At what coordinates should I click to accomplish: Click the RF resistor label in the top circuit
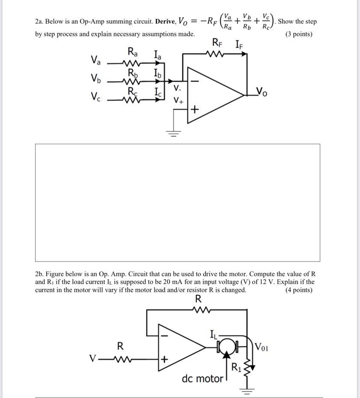217,43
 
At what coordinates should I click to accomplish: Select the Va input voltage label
96,60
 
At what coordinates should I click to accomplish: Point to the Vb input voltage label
96,79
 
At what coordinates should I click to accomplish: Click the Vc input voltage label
96,97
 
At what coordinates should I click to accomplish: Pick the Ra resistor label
133,53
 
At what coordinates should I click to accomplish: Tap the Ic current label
158,91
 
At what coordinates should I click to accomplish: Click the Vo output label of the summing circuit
261,91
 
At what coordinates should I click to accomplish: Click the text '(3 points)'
298,34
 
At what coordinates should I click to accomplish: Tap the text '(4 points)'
298,290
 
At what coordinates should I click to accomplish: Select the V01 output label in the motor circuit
262,346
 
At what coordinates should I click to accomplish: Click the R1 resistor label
236,367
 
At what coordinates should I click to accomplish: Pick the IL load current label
213,333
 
